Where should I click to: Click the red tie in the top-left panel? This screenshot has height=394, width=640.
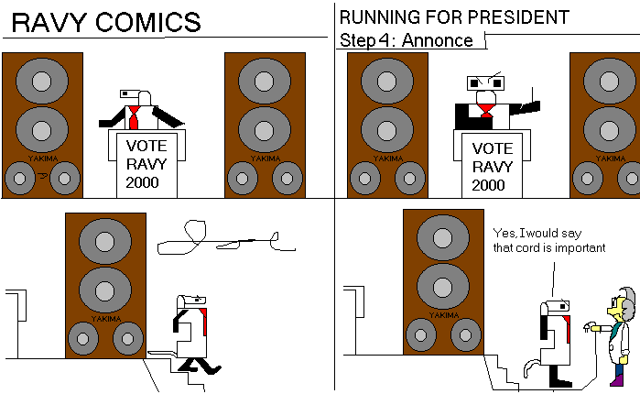click(x=135, y=117)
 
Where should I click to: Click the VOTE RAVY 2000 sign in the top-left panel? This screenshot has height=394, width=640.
click(x=142, y=163)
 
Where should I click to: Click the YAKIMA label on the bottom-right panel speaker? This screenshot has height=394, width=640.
click(x=443, y=315)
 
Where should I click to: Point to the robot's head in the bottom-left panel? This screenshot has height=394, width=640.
click(x=195, y=300)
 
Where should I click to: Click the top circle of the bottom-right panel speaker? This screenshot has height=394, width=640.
click(x=444, y=242)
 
